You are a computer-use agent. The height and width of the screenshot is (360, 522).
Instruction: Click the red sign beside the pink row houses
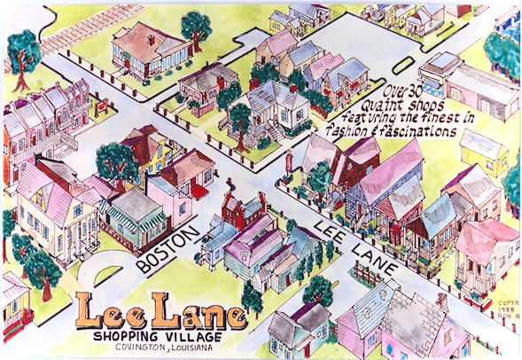[104, 105]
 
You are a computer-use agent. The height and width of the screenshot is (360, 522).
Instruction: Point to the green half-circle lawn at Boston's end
[112, 270]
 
